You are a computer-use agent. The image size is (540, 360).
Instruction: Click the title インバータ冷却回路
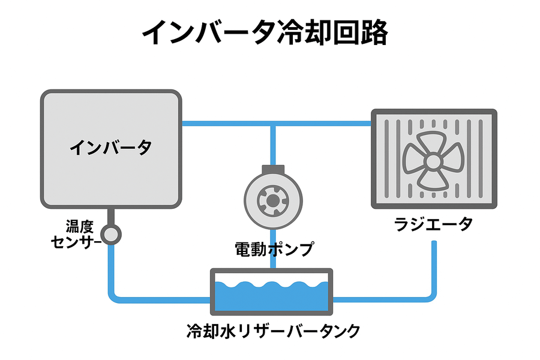[265, 33]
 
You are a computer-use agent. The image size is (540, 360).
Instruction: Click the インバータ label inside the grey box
[110, 147]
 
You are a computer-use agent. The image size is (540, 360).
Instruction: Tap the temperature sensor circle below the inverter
[110, 234]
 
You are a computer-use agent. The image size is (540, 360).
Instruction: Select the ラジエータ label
[433, 224]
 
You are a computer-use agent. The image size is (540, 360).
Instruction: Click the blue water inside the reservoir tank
[271, 297]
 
